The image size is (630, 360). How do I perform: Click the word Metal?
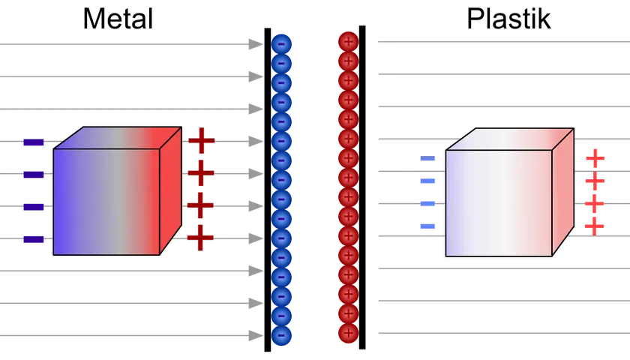(x=118, y=19)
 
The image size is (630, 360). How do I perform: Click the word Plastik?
(x=508, y=19)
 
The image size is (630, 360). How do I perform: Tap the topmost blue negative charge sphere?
(x=281, y=44)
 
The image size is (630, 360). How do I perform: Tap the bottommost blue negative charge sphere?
(x=281, y=335)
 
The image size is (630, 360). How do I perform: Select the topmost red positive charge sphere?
(x=348, y=42)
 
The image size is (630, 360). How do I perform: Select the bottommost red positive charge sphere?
(x=348, y=333)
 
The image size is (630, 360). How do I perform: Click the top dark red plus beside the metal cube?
(x=202, y=141)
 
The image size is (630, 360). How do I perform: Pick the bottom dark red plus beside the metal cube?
(x=200, y=238)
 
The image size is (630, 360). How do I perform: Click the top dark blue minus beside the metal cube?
(x=34, y=142)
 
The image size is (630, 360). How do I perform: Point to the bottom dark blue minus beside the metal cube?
(x=34, y=240)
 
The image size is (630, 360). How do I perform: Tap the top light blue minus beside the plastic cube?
(x=427, y=158)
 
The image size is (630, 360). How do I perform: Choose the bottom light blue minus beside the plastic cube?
(x=427, y=226)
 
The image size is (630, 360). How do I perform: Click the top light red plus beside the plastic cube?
(x=595, y=158)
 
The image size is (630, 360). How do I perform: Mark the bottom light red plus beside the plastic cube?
(x=594, y=226)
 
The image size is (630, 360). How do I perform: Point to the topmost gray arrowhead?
(x=256, y=44)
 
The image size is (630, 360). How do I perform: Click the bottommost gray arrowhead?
(x=256, y=335)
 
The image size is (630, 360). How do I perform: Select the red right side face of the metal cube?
(x=171, y=190)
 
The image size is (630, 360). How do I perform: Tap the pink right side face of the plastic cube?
(x=563, y=192)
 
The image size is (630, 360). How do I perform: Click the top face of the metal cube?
(x=118, y=138)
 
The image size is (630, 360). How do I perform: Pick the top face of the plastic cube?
(x=510, y=139)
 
